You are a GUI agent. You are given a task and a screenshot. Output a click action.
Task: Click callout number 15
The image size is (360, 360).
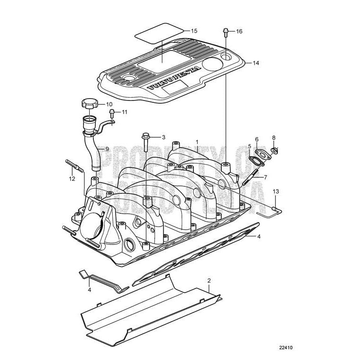[x=194, y=30]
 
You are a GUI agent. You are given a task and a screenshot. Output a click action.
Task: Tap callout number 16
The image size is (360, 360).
[x=239, y=31]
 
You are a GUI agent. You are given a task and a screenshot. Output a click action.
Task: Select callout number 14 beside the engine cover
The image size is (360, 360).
[x=256, y=63]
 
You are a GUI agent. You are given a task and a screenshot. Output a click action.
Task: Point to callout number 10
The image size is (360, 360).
[x=109, y=104]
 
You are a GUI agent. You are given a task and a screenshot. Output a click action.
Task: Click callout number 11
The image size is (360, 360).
[x=125, y=112]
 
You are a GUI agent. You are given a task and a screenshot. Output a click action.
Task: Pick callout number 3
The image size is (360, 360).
[x=163, y=137]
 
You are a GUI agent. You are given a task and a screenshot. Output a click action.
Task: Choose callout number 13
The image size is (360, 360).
[x=276, y=191]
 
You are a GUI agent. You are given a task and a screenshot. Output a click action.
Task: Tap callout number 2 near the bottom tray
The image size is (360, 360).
[x=209, y=280]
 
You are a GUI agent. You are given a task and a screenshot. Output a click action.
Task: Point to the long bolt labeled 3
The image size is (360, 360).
[x=146, y=141]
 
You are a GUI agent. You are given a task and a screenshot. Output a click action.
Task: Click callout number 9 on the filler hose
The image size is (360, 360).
[x=107, y=149]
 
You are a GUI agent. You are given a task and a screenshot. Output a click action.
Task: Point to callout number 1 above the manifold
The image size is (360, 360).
[x=197, y=142]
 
